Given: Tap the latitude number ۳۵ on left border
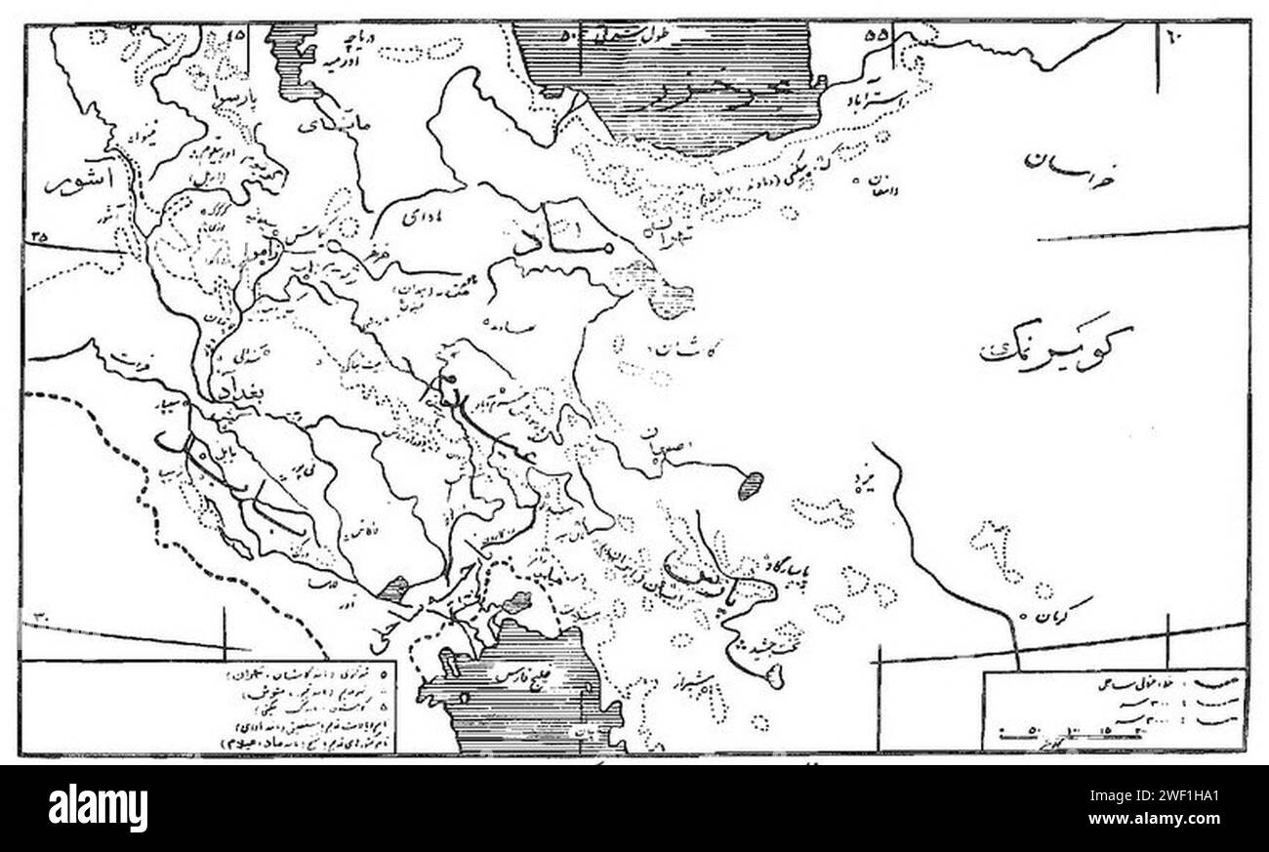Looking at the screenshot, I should [x=40, y=235].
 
